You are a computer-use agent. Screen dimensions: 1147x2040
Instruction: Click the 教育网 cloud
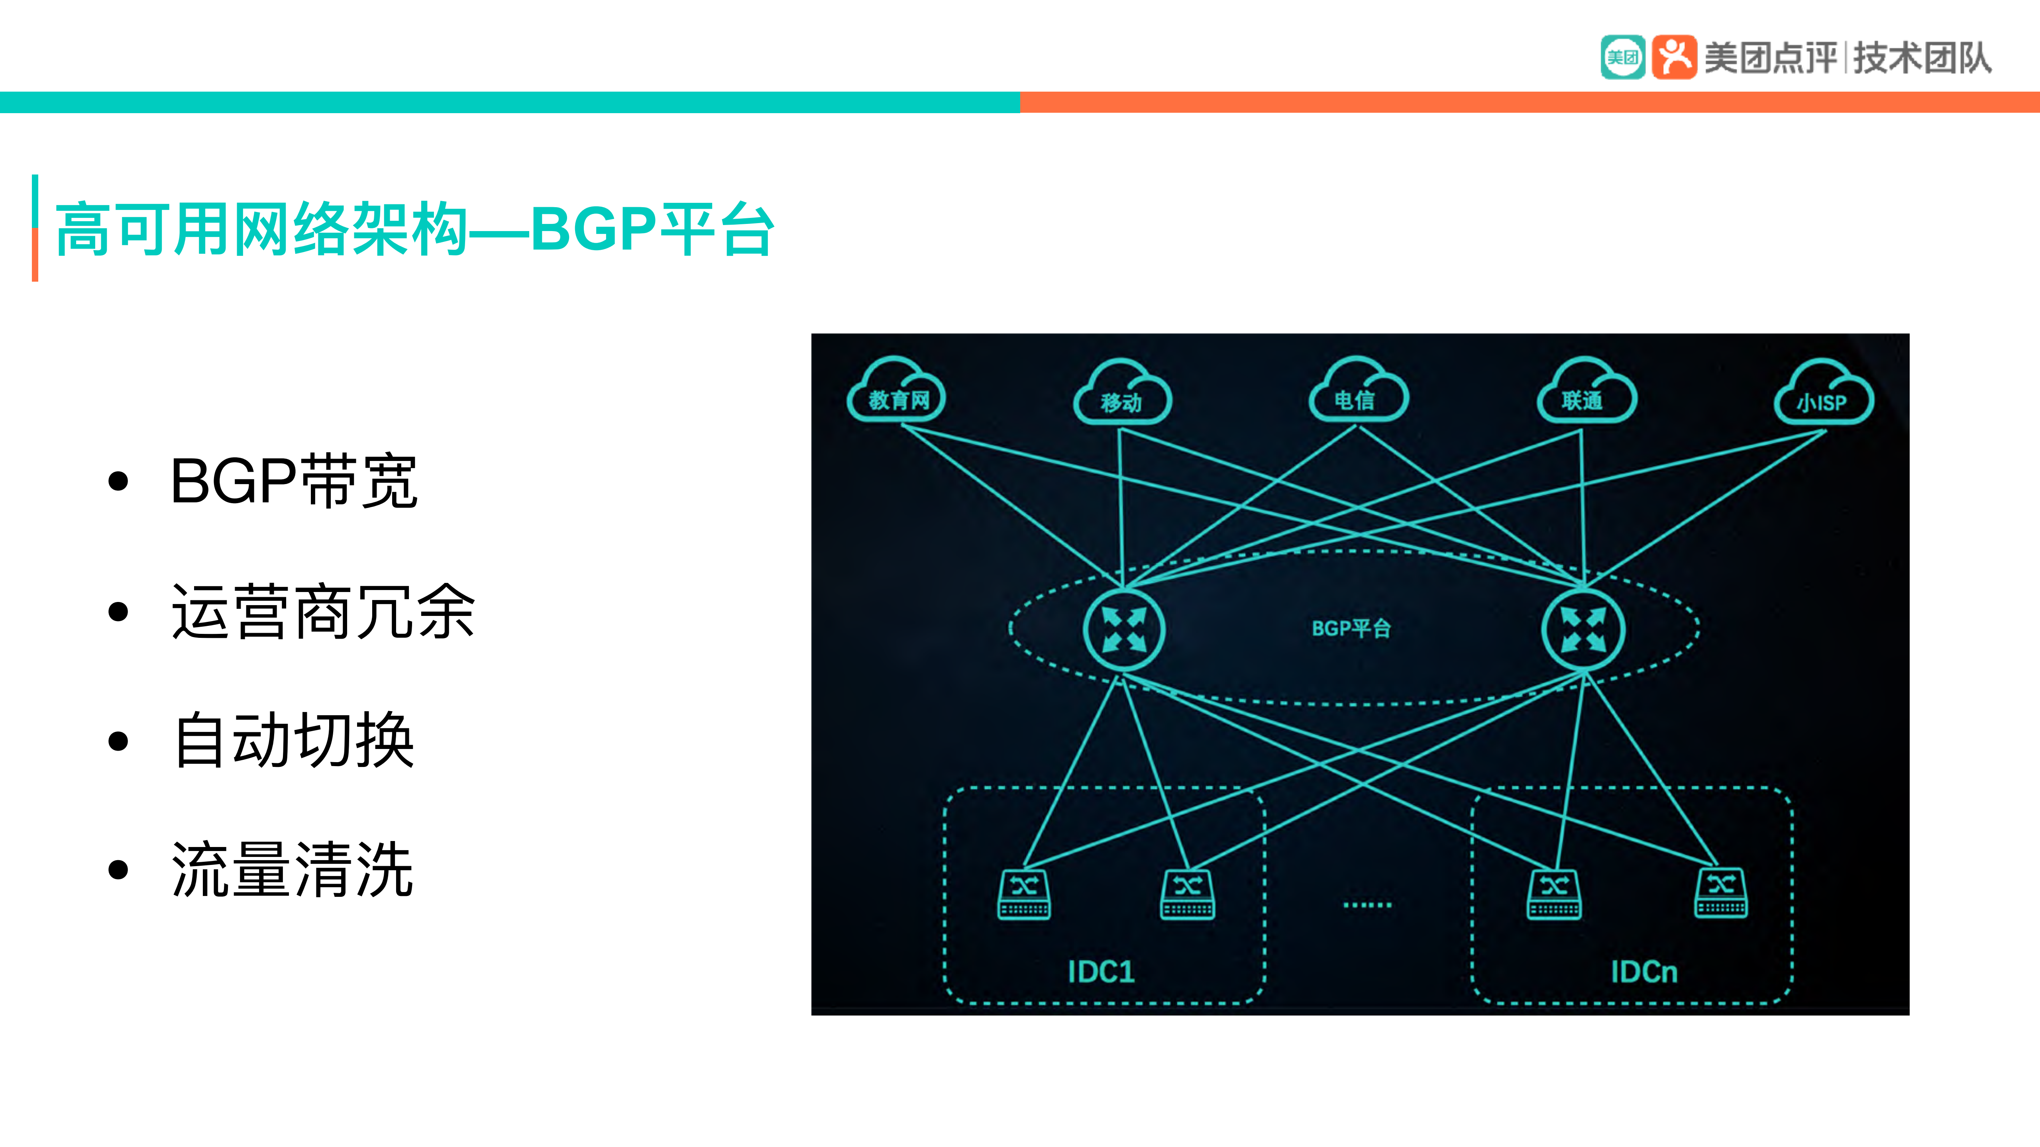click(897, 392)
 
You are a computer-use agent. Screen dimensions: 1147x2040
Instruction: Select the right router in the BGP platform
click(1583, 630)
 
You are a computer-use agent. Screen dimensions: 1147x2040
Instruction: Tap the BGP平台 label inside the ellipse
click(1351, 629)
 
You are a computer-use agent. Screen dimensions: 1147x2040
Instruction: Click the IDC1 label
click(1101, 971)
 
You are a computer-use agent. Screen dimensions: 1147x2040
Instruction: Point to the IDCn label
click(1644, 971)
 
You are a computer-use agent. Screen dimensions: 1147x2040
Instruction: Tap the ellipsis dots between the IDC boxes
click(1368, 904)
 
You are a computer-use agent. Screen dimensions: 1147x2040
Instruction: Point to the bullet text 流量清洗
click(293, 870)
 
